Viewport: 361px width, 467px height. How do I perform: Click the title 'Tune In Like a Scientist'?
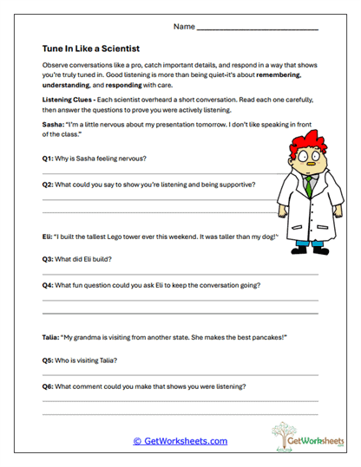[x=91, y=49]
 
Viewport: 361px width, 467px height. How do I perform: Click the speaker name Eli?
[x=47, y=236]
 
